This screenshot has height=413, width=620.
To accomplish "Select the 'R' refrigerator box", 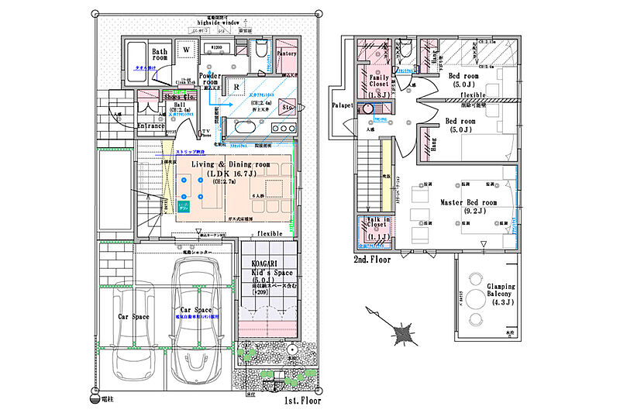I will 236,88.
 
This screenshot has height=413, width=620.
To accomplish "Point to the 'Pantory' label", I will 287,54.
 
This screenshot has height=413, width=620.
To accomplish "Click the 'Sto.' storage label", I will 286,108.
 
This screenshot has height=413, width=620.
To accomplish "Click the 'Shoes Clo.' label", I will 179,97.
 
